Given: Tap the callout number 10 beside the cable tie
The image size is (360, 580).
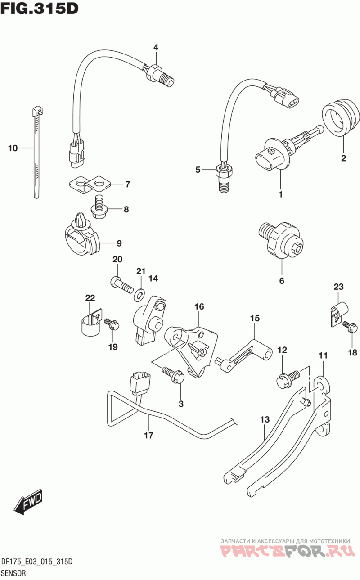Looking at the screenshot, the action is point(13,148).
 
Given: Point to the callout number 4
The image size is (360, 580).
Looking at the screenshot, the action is point(155,47).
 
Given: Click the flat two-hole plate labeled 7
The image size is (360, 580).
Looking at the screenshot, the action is point(90,184).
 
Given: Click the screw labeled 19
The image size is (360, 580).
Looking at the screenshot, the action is point(112,324).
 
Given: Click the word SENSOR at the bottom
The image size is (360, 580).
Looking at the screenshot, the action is point(13,573).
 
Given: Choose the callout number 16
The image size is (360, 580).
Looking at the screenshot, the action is point(199,306).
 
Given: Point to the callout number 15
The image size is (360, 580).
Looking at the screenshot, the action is point(255,318).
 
